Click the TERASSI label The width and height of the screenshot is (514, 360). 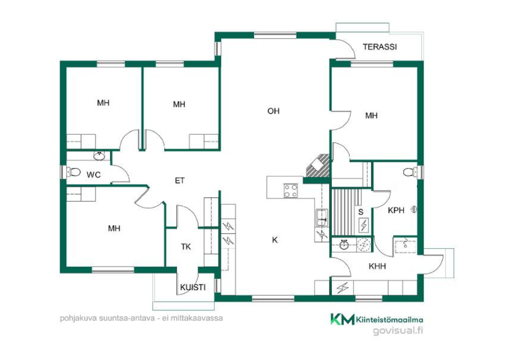(x=380, y=47)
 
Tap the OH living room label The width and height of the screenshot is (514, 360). (x=273, y=111)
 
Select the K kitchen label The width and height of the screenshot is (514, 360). (x=274, y=240)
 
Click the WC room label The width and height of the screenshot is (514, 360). (x=94, y=175)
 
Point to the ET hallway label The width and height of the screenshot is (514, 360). (x=179, y=181)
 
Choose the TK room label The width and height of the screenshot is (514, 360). (x=186, y=246)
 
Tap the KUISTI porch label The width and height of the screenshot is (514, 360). (x=193, y=287)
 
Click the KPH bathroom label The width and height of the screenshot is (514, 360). (x=396, y=210)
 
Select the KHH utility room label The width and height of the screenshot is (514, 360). (x=377, y=266)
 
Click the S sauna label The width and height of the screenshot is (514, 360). (x=361, y=212)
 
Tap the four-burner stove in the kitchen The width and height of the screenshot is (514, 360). (x=291, y=191)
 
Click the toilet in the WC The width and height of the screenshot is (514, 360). (x=74, y=172)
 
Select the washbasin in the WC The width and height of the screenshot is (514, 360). (x=99, y=156)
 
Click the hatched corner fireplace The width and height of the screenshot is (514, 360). (x=317, y=166)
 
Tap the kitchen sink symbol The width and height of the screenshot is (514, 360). (x=322, y=218)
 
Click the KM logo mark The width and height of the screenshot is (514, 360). (x=342, y=319)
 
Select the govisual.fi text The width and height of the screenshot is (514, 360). (x=398, y=331)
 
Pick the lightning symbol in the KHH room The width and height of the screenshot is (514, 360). (x=343, y=288)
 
